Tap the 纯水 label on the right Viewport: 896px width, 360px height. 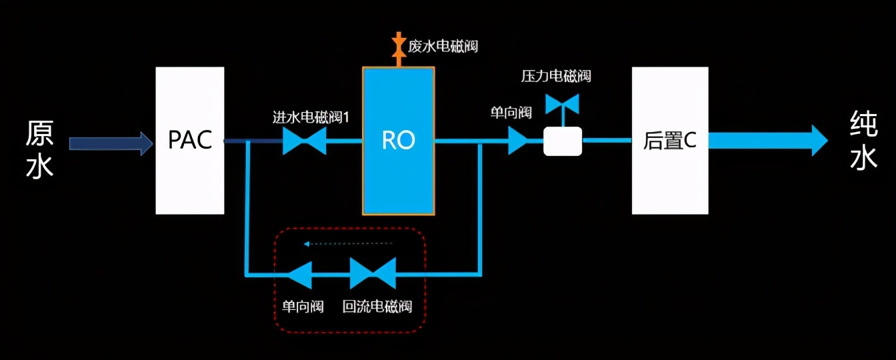coord(863,141)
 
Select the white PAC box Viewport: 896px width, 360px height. coord(190,141)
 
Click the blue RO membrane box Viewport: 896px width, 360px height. coord(399,141)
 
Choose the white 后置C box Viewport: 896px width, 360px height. coord(670,141)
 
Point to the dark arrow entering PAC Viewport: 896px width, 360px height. coord(111,143)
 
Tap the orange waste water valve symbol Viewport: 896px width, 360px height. coord(399,45)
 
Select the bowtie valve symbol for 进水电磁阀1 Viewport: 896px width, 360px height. coord(305,141)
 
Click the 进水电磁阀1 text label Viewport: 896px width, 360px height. coord(311,117)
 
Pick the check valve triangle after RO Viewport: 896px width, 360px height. coord(517,141)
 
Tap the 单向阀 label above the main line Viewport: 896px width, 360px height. coord(511,113)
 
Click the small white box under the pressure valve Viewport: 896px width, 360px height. coord(563,141)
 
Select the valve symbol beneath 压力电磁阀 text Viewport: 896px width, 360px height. coord(562,103)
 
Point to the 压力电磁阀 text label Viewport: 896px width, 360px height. coord(556,76)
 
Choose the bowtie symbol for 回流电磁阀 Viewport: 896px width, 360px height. coord(373,274)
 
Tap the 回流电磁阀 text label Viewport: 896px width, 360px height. coord(377,307)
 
